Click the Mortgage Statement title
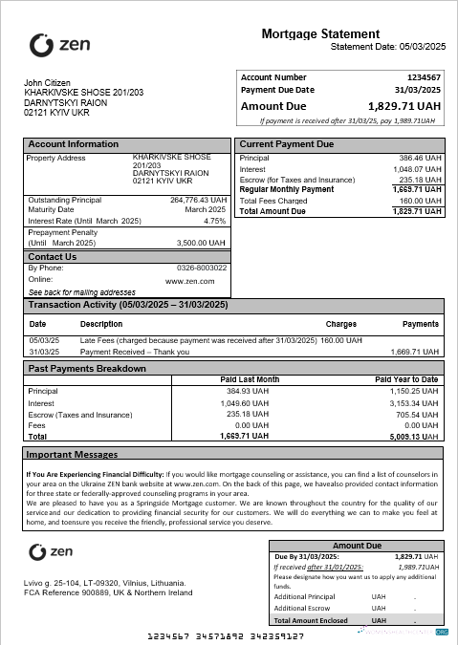coord(320,34)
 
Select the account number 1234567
coord(423,77)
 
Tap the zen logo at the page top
coord(60,44)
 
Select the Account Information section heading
coord(74,144)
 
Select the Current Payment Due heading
coord(286,144)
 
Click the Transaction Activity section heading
coord(128,305)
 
